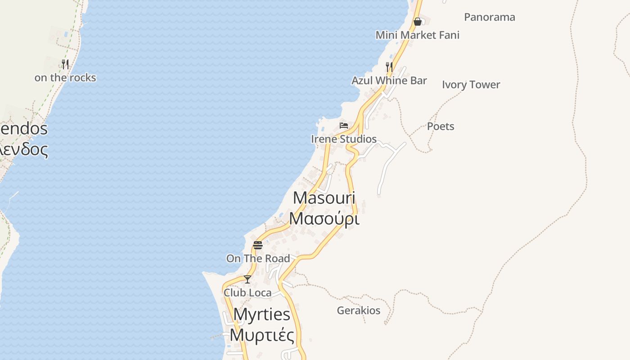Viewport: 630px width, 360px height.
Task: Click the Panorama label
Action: click(489, 17)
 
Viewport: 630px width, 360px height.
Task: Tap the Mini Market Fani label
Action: click(417, 35)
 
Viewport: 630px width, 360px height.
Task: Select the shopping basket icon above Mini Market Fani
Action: click(417, 21)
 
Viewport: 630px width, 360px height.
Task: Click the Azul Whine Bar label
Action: click(389, 81)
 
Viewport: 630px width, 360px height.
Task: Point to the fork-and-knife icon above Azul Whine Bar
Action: click(389, 67)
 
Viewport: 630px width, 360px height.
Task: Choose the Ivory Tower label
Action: click(471, 85)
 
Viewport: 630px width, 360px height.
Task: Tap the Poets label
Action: click(440, 126)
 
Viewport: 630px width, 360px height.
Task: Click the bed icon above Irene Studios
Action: click(344, 125)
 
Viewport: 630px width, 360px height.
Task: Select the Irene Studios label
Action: click(344, 139)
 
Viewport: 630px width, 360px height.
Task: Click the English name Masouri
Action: click(324, 198)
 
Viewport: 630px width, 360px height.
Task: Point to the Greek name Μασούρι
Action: click(324, 218)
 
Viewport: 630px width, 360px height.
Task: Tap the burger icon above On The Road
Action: click(257, 245)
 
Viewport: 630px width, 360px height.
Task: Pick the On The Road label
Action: click(258, 258)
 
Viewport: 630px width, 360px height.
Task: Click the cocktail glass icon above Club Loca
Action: click(247, 279)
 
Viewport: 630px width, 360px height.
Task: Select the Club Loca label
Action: click(247, 292)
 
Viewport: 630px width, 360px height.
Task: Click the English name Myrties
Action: click(261, 314)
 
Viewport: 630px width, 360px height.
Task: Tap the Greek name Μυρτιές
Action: click(261, 335)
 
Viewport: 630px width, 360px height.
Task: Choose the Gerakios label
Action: click(358, 310)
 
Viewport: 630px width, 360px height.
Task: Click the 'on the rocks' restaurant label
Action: click(65, 77)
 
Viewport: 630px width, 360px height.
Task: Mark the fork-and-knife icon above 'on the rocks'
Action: click(65, 64)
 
